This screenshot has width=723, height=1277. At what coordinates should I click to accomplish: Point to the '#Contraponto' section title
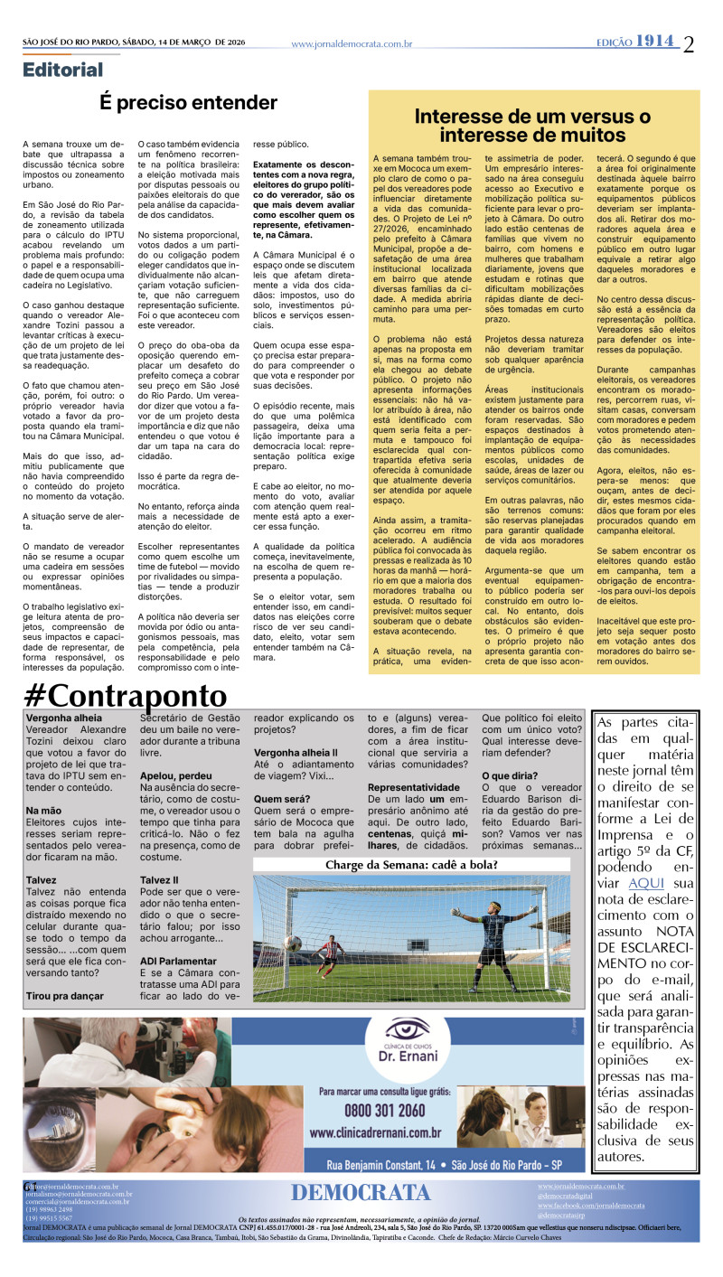(x=126, y=696)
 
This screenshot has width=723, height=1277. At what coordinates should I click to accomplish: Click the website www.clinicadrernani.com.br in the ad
(x=375, y=1132)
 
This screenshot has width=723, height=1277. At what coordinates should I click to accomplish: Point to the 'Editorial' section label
(x=63, y=70)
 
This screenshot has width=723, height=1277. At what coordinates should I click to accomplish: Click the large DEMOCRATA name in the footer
(x=361, y=1193)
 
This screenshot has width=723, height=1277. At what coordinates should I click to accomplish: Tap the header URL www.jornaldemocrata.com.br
(x=352, y=43)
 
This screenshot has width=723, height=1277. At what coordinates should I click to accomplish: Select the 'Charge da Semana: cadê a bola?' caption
(x=411, y=864)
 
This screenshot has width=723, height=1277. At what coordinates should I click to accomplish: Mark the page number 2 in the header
(x=689, y=43)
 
